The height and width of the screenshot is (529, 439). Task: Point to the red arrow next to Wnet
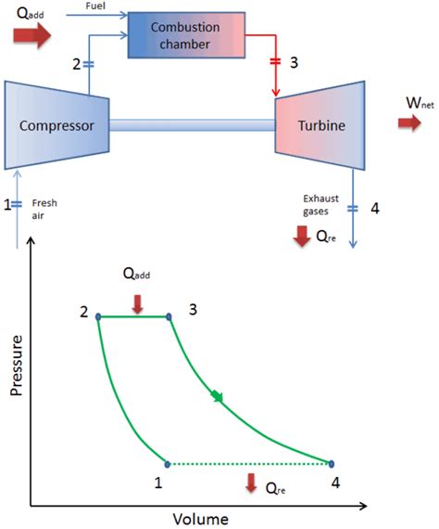(409, 123)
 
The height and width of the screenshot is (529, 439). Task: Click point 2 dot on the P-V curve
(98, 316)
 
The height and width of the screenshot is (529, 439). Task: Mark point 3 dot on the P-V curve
(169, 316)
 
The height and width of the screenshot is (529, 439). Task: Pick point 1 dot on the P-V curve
(167, 463)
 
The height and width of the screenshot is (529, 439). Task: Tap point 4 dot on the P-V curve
(331, 463)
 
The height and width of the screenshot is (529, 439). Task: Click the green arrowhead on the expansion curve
(217, 397)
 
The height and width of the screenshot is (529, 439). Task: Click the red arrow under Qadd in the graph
(137, 302)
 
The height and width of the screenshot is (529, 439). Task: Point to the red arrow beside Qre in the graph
(250, 483)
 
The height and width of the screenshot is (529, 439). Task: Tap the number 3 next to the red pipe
(295, 62)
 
